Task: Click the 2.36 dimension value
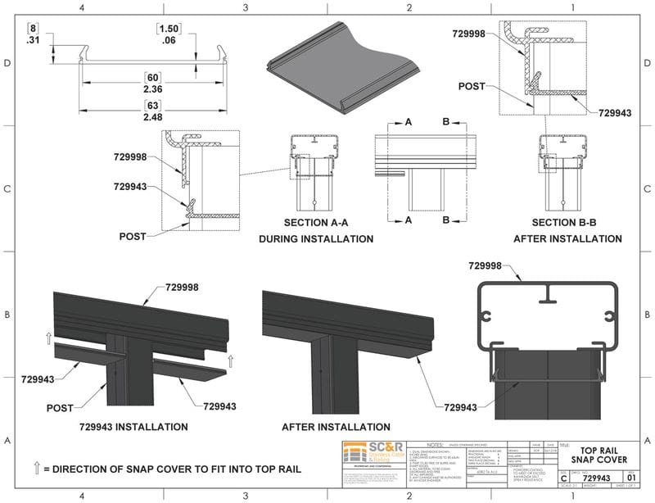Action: (153, 88)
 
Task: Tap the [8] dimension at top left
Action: (33, 29)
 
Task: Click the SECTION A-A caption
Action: (316, 223)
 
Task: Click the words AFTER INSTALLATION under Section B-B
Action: (567, 238)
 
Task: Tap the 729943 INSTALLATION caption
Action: (133, 427)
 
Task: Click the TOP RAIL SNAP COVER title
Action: (604, 455)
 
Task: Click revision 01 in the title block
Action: (631, 477)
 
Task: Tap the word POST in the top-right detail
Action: (471, 85)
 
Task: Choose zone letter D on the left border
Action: (7, 63)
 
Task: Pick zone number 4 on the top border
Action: (81, 7)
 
